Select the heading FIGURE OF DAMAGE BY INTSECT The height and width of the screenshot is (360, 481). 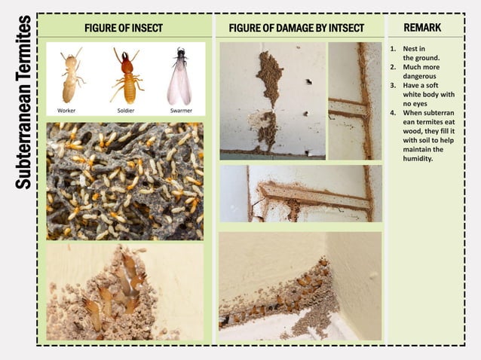296,28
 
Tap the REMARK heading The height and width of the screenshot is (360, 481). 422,27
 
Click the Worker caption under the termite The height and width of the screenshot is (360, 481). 66,110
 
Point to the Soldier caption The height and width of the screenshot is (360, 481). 126,110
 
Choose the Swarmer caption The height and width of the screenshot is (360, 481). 181,110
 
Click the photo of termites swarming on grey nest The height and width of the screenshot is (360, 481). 124,181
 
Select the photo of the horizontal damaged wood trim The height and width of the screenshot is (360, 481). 301,194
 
